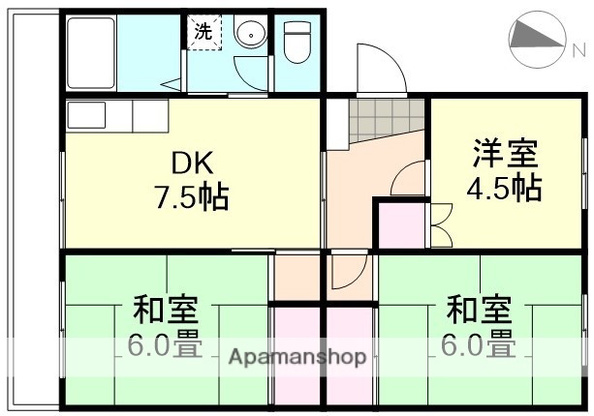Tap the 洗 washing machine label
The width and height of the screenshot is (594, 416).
pyautogui.click(x=203, y=31)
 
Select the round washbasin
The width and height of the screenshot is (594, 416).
pyautogui.click(x=250, y=35)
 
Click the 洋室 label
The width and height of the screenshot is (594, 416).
pyautogui.click(x=505, y=153)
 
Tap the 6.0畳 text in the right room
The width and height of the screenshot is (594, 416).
pyautogui.click(x=479, y=342)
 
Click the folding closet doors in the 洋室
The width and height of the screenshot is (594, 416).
pyautogui.click(x=438, y=223)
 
